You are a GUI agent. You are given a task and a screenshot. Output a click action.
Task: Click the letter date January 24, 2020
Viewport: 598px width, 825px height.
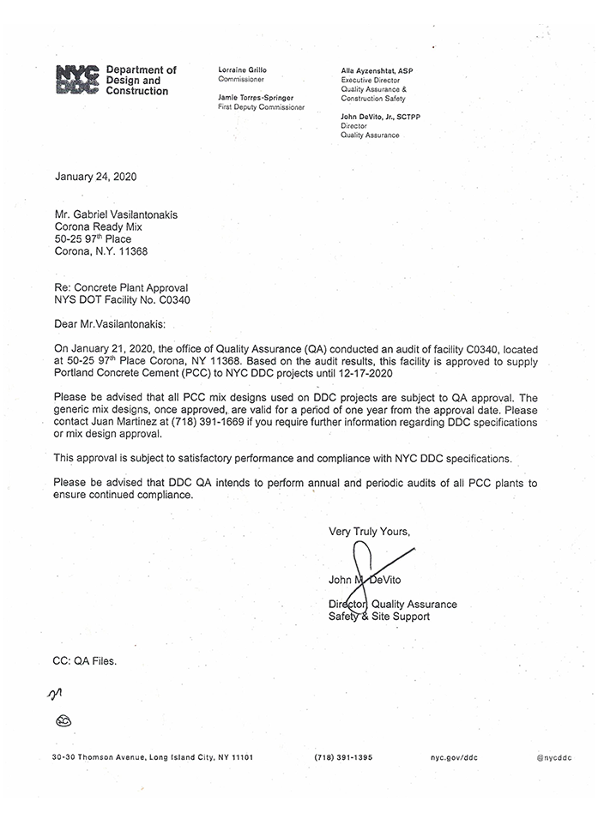point(95,178)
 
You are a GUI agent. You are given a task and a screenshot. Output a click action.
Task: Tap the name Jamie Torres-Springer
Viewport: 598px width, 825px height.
point(256,98)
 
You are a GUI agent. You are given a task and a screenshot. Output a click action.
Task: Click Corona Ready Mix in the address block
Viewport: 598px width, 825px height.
point(99,225)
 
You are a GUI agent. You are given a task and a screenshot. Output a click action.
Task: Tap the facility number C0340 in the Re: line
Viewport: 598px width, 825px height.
point(173,300)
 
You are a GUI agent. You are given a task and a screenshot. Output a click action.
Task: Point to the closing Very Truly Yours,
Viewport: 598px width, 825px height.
point(369,532)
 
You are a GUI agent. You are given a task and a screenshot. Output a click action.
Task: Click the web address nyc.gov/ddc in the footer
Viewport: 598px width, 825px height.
point(453,758)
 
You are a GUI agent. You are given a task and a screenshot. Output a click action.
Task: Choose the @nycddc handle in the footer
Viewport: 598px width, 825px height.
point(554,758)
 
